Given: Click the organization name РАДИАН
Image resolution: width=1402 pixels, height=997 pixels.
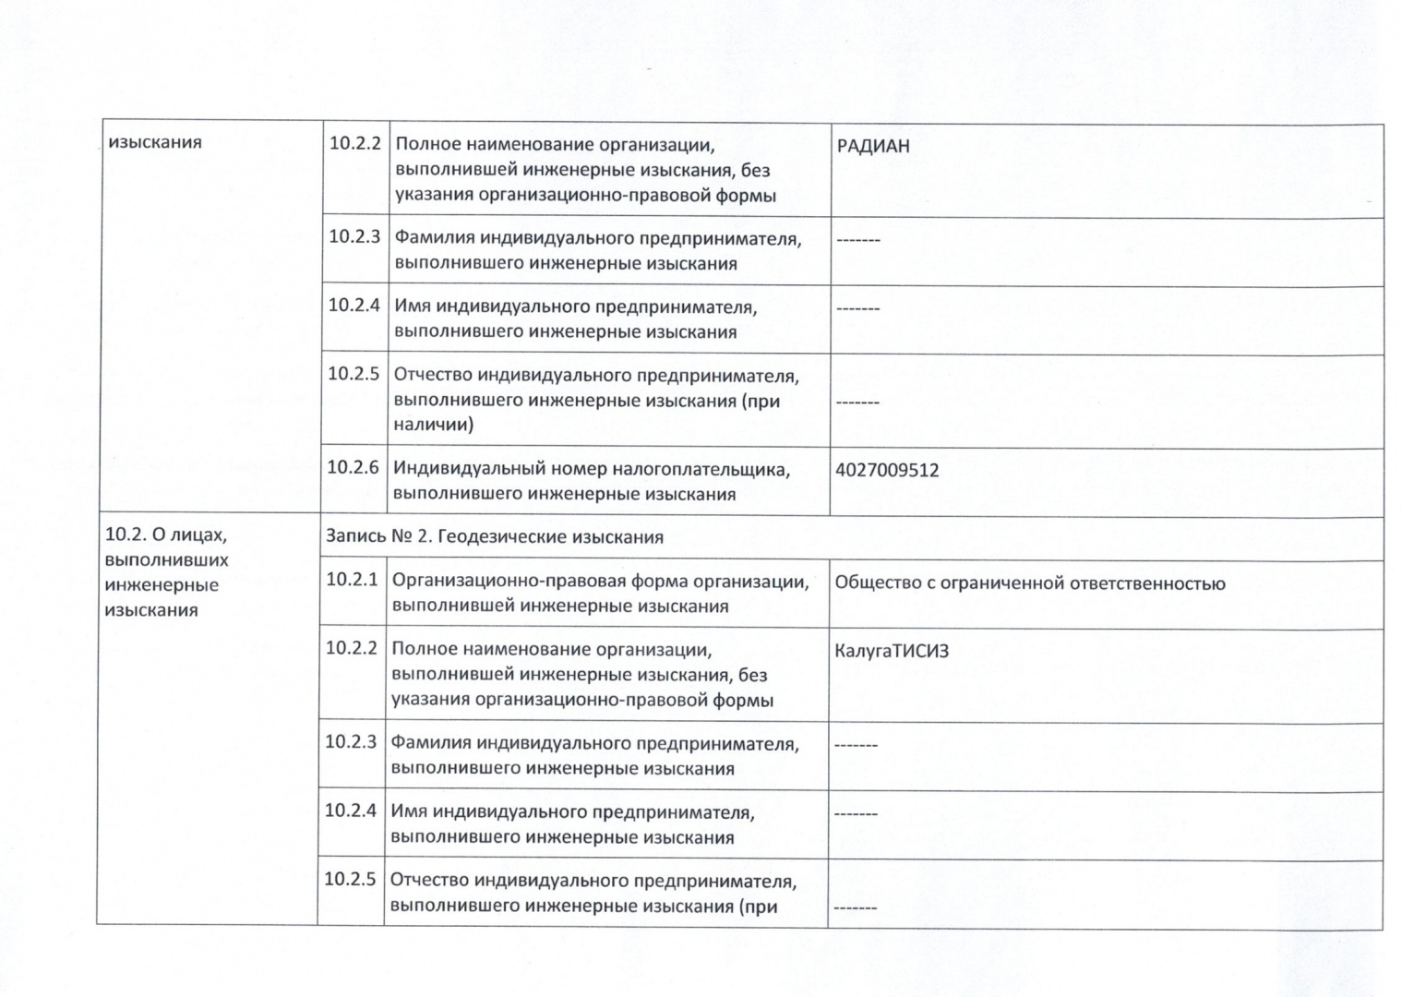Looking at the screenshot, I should tap(872, 146).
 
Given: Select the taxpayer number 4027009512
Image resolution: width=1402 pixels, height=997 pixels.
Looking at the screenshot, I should tap(886, 470).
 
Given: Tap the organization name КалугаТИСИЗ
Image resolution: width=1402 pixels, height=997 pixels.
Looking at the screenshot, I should tap(891, 651).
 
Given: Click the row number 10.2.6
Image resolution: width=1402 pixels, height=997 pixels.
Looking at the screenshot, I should tap(353, 467).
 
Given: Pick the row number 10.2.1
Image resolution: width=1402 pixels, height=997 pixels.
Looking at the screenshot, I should tap(352, 580).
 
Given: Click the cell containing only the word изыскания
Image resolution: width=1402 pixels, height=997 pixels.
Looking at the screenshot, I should tap(155, 142).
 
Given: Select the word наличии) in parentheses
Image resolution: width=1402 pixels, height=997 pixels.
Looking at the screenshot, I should tap(433, 425).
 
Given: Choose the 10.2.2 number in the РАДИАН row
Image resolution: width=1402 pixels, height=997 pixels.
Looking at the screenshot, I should tap(355, 144).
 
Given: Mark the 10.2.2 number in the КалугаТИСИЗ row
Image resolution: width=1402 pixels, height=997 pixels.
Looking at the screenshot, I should tap(351, 648).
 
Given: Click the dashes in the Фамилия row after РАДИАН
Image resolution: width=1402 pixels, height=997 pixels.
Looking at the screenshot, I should tap(858, 240).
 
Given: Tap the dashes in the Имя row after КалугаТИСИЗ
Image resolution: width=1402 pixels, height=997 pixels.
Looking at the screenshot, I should tap(856, 814).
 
